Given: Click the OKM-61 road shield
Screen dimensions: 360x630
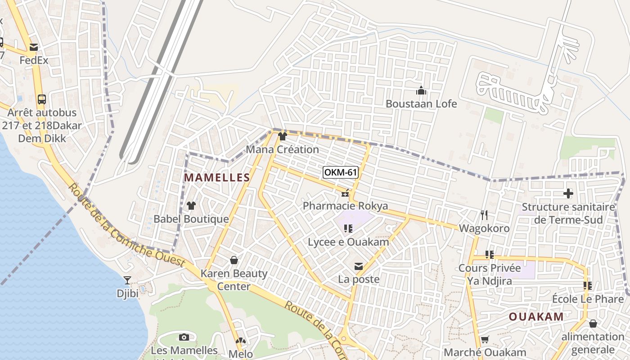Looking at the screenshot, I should click(x=340, y=172).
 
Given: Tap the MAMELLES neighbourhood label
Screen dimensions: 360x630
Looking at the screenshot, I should click(x=217, y=178).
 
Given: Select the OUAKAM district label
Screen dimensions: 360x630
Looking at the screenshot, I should click(x=536, y=316).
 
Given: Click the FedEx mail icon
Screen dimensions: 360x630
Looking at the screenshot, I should click(x=34, y=47).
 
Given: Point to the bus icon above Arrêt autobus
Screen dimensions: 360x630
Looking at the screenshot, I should click(x=42, y=99).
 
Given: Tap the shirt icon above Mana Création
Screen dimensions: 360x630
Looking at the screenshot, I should click(x=283, y=136).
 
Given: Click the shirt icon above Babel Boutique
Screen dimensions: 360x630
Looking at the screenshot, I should click(x=191, y=206).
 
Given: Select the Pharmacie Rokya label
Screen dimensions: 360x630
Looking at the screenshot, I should click(x=345, y=206).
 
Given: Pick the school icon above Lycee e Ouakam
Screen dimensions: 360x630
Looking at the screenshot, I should click(x=348, y=229).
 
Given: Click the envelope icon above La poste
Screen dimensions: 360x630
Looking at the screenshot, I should click(x=359, y=266).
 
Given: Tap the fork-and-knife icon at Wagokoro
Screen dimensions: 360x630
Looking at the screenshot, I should click(x=484, y=215).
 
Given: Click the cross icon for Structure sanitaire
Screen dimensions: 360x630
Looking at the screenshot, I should click(x=568, y=194).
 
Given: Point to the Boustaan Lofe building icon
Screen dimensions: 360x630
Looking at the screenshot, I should click(x=421, y=90).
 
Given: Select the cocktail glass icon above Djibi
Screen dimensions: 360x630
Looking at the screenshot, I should click(x=127, y=280).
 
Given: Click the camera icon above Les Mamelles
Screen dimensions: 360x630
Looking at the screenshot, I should click(x=184, y=337).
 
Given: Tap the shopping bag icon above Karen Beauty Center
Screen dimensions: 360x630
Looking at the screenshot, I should click(x=234, y=260).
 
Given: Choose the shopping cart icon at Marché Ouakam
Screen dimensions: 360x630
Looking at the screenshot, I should click(x=485, y=339).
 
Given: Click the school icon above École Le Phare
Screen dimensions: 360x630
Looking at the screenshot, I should click(x=588, y=285).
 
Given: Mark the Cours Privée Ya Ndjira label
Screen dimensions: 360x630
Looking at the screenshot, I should click(x=490, y=274).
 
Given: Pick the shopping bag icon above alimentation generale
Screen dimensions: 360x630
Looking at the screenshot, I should click(x=593, y=324).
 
